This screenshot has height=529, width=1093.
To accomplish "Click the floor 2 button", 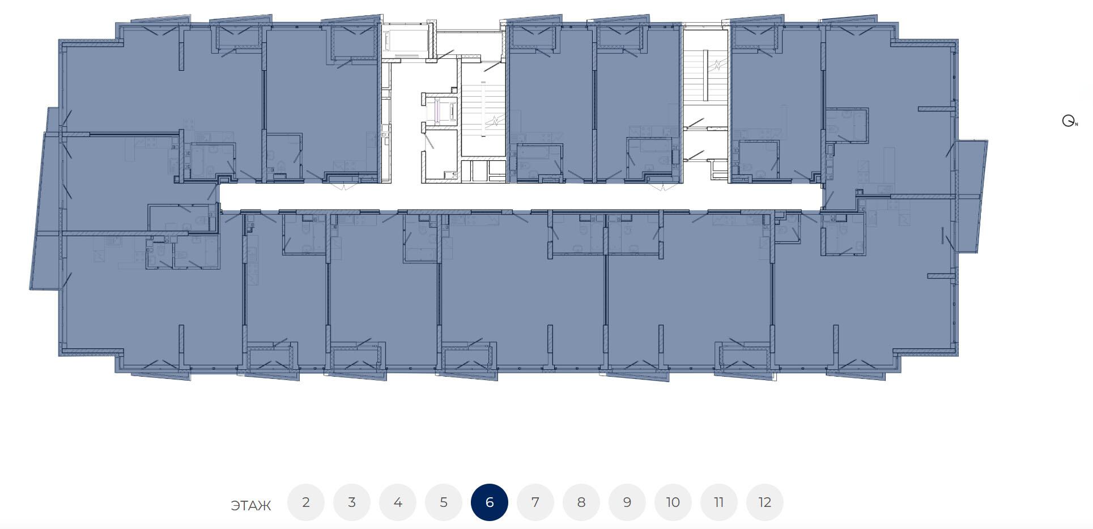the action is coord(306,502).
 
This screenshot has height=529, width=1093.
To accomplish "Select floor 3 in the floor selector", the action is coord(352,502).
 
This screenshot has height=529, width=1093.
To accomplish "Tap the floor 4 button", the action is coord(398,502).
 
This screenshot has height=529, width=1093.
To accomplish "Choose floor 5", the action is coord(444,502).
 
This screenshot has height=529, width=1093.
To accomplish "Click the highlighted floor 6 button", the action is coord(490,502).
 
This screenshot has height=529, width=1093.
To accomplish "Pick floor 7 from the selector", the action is coord(535,502).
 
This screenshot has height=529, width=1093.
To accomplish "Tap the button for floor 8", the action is coord(581,502).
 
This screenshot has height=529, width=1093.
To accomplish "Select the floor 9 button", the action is coord(627,502).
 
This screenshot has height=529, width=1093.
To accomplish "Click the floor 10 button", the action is coord(673,502).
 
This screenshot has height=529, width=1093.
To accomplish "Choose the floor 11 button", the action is coord(719,502).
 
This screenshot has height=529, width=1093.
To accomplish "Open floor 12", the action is coord(765,502).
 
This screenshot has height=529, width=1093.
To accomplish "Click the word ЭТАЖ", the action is coord(251,505).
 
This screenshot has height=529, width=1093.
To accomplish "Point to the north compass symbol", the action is coord(1069,121).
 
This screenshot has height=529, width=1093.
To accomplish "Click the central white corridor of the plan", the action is coord(520,197).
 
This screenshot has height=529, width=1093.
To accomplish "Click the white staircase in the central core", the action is coord(483,108).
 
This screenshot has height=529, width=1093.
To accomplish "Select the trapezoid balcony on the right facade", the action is coord(971,196).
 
